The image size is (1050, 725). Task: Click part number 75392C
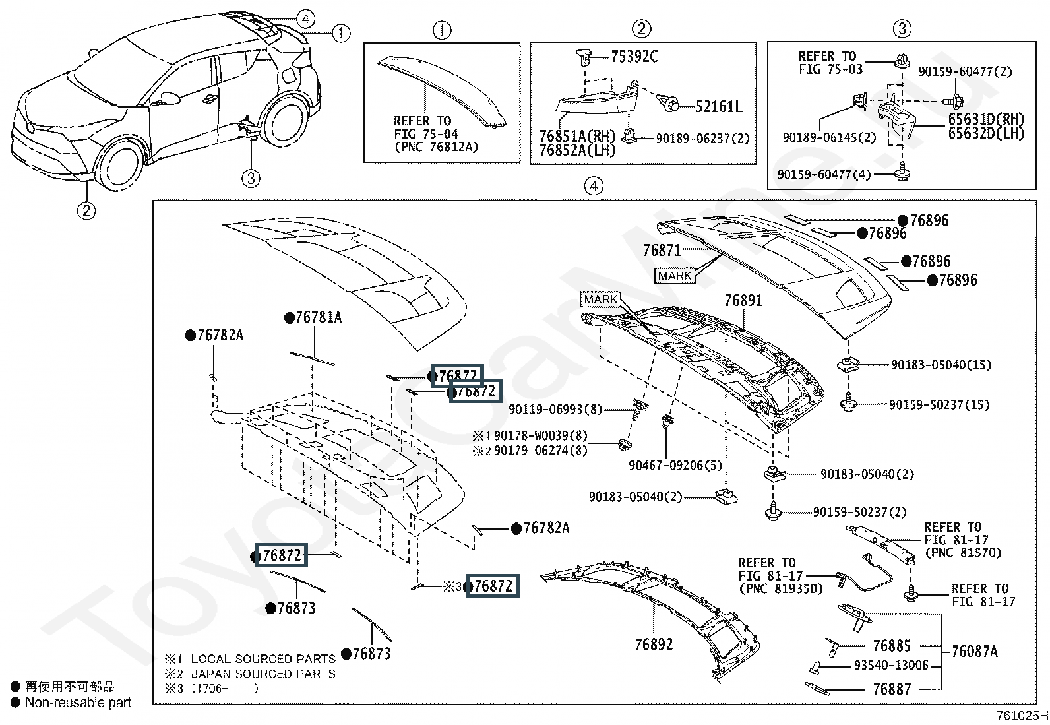(x=634, y=57)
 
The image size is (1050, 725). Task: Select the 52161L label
(x=719, y=107)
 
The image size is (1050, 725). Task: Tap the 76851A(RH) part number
(x=577, y=136)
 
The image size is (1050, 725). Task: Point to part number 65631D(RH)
(x=986, y=119)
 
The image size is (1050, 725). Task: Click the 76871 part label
(x=662, y=251)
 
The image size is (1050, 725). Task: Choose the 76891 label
(x=743, y=301)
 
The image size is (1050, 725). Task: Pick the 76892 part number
(x=654, y=645)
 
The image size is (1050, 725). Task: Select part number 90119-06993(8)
(x=555, y=410)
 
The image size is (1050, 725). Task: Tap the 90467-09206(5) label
(x=675, y=465)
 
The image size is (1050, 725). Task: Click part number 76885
(x=892, y=646)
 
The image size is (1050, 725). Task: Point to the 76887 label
(x=892, y=689)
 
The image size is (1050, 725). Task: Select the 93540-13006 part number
(x=891, y=666)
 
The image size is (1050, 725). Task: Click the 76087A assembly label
(x=975, y=651)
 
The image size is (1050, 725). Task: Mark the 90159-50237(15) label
(x=939, y=404)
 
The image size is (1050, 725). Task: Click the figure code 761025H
(x=1022, y=716)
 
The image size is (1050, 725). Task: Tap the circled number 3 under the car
(x=251, y=179)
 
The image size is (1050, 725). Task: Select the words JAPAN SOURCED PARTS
(x=263, y=674)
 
